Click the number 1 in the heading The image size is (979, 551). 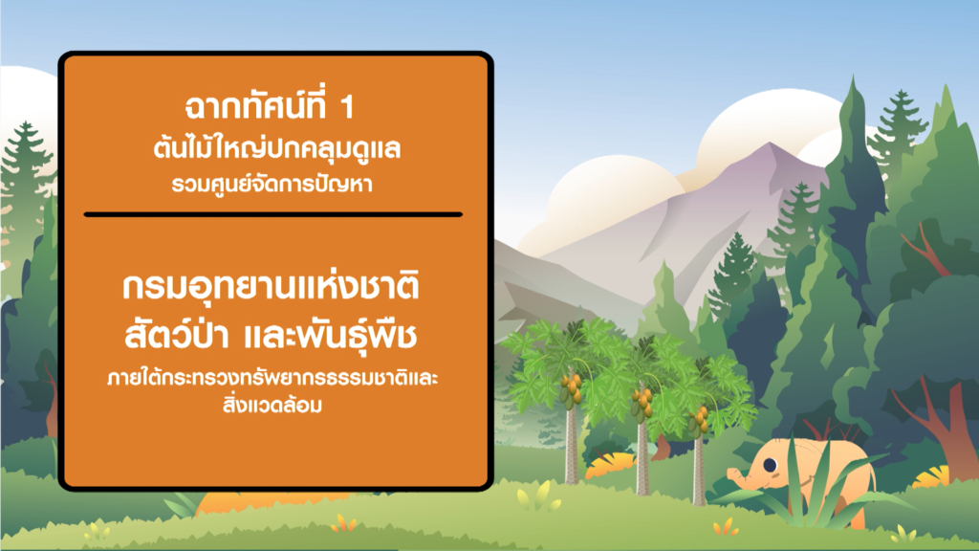[348, 107]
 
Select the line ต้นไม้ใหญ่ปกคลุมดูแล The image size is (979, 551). [277, 148]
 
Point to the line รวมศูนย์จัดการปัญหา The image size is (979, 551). [272, 185]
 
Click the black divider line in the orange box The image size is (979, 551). [273, 214]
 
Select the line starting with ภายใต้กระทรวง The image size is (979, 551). [272, 378]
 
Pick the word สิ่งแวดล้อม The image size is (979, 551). [272, 405]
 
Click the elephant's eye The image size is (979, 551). [770, 465]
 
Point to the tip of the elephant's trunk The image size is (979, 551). [730, 476]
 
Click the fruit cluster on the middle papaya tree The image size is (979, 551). [642, 403]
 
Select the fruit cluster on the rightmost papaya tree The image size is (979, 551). [699, 422]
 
